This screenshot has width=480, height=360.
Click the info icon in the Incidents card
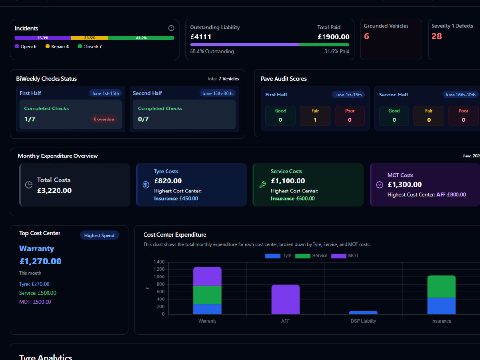click(x=171, y=28)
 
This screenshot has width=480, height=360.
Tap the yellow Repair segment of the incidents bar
click(x=90, y=38)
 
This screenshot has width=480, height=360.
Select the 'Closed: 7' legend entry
click(x=90, y=46)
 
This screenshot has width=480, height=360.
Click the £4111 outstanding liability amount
click(x=201, y=37)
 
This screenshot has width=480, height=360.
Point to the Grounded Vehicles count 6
click(x=366, y=36)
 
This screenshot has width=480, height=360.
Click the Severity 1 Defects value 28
click(x=436, y=36)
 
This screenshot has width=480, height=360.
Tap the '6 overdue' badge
click(x=104, y=119)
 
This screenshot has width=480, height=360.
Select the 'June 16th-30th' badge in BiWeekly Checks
click(x=217, y=94)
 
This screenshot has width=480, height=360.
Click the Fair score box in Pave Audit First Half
click(x=315, y=116)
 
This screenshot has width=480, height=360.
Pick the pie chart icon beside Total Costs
click(x=29, y=185)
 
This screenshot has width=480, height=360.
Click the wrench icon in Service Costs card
click(x=263, y=185)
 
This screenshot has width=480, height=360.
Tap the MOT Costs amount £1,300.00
click(x=405, y=185)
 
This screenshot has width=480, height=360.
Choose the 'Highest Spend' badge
click(x=99, y=235)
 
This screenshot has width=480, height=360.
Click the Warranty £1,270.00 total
click(x=40, y=261)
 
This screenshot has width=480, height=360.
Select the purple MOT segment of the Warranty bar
click(x=207, y=276)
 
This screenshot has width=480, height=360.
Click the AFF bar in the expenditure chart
click(x=285, y=300)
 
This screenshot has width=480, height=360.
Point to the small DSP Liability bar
click(x=363, y=312)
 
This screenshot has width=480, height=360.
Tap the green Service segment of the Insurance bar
click(x=441, y=287)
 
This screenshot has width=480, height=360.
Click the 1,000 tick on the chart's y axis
click(x=159, y=277)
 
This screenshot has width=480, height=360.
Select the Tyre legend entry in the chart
click(x=278, y=256)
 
